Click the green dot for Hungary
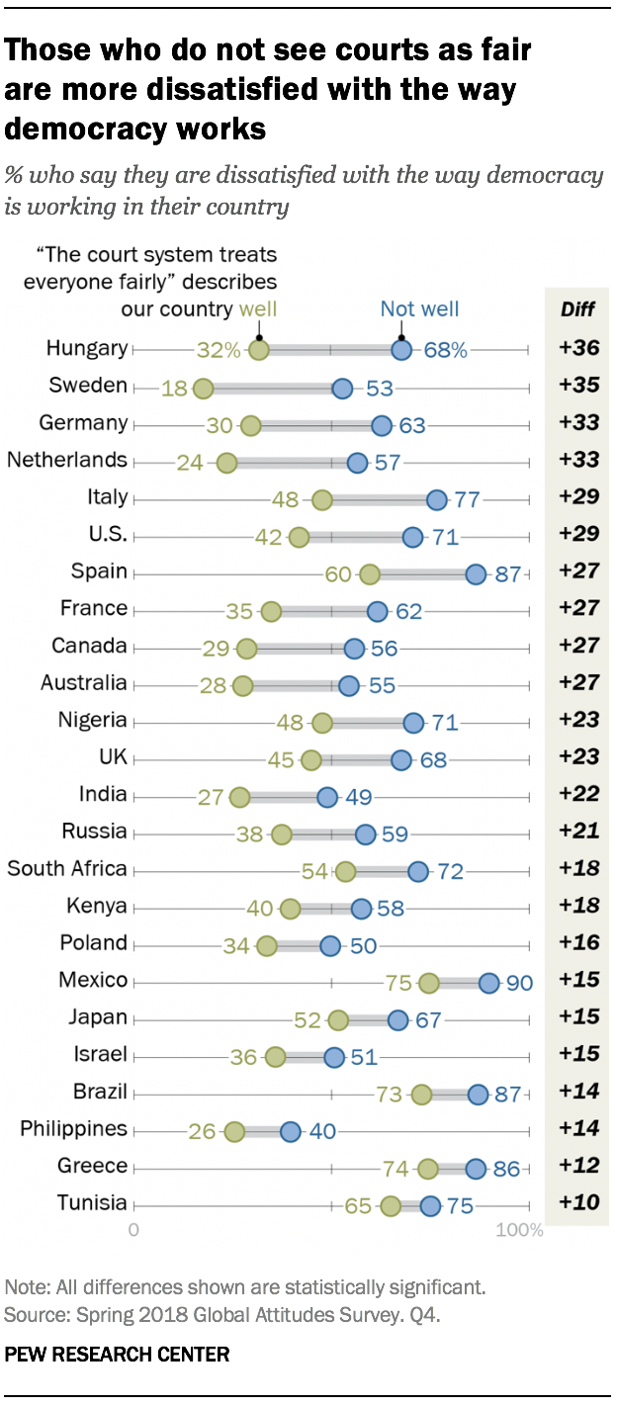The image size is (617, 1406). pyautogui.click(x=258, y=350)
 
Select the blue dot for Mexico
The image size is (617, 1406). pyautogui.click(x=488, y=983)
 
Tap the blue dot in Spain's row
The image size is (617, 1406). pyautogui.click(x=476, y=575)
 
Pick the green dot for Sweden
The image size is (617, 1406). pyautogui.click(x=203, y=389)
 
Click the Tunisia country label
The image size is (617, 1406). pyautogui.click(x=91, y=1203)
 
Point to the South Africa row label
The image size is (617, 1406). pyautogui.click(x=67, y=869)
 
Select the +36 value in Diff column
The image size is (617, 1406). pyautogui.click(x=577, y=348)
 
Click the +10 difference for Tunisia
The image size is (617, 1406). pyautogui.click(x=577, y=1203)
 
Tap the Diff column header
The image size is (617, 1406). pyautogui.click(x=577, y=309)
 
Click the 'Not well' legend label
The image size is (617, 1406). pyautogui.click(x=419, y=309)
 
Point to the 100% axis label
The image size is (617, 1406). pyautogui.click(x=520, y=1231)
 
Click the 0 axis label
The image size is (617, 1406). pyautogui.click(x=133, y=1231)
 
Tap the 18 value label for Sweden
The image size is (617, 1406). pyautogui.click(x=174, y=389)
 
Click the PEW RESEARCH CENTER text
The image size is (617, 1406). pyautogui.click(x=117, y=1354)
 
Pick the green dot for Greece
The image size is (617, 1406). pyautogui.click(x=428, y=1169)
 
